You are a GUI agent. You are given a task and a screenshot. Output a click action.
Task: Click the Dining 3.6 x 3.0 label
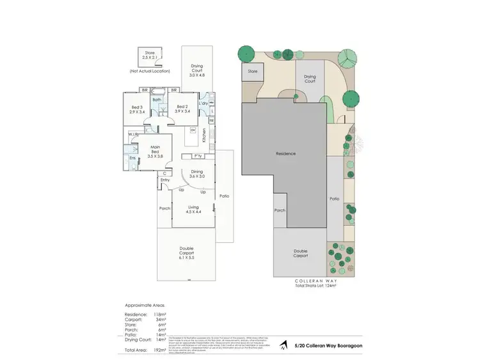197,174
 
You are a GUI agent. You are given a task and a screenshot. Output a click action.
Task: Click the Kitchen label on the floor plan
204,135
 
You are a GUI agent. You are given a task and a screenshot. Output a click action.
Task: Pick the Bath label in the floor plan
157,100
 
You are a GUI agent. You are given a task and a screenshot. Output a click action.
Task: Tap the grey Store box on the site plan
252,72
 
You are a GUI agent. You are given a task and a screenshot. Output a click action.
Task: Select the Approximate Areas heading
143,306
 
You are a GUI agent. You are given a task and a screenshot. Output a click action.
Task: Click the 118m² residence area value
158,315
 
